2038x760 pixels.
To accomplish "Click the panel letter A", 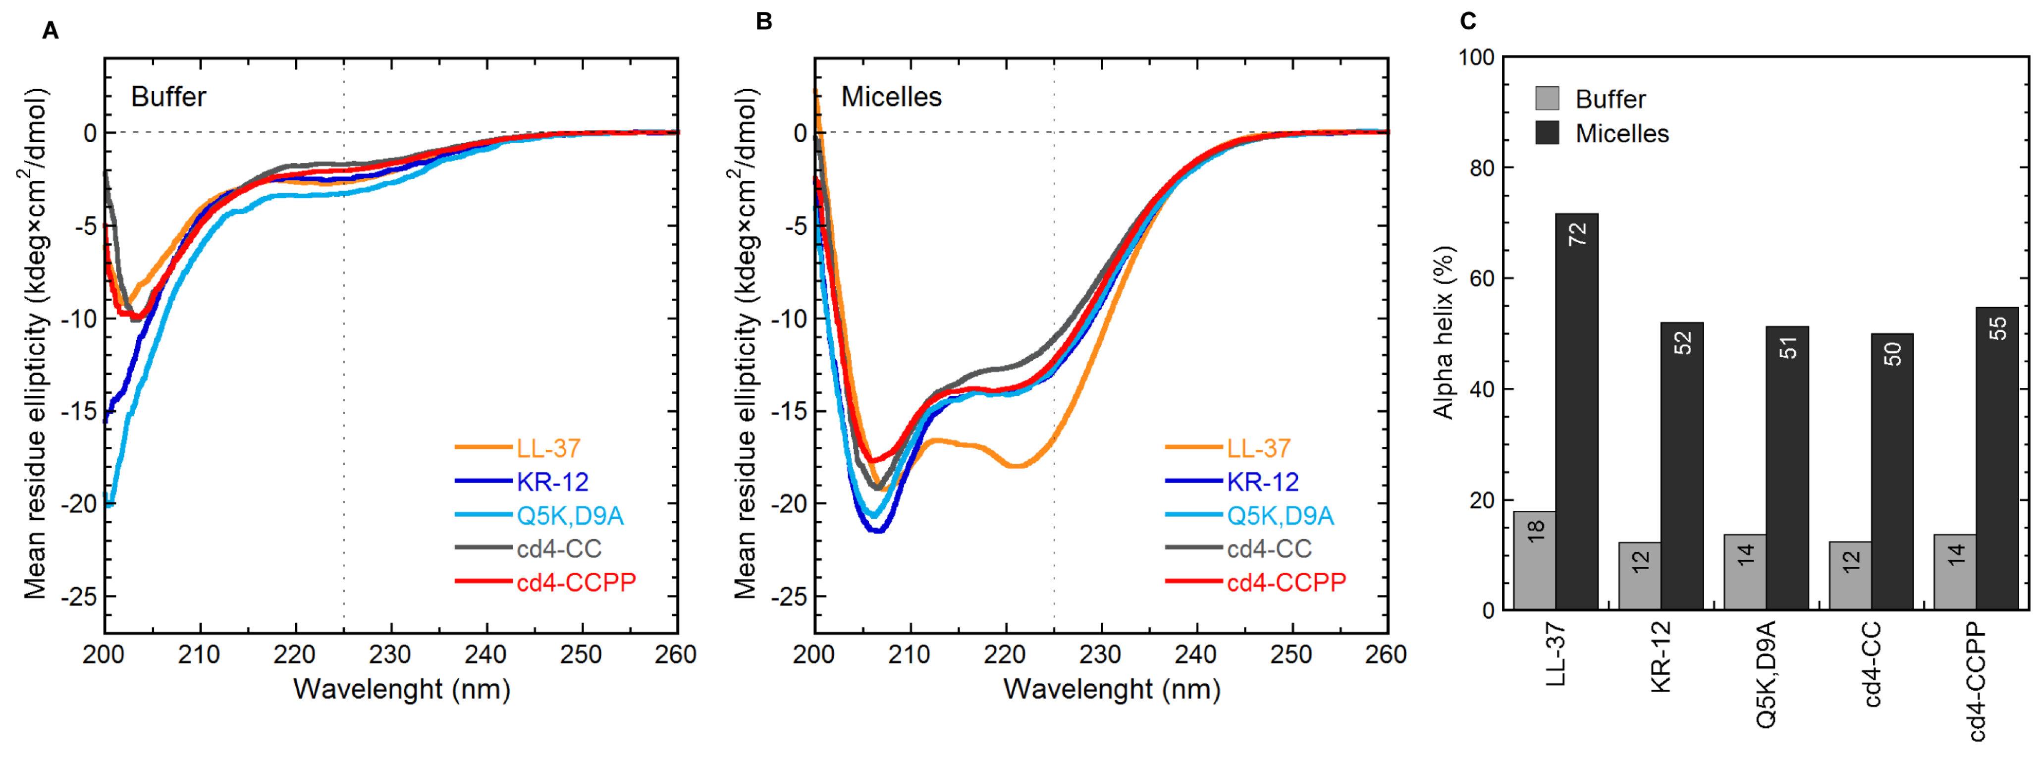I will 50,31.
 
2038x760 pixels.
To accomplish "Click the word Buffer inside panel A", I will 168,97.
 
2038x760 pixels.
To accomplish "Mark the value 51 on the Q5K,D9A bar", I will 1787,348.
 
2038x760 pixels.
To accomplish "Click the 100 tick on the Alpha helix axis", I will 1476,58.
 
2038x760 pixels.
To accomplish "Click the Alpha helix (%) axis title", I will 1444,332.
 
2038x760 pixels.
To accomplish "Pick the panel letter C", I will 1468,21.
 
